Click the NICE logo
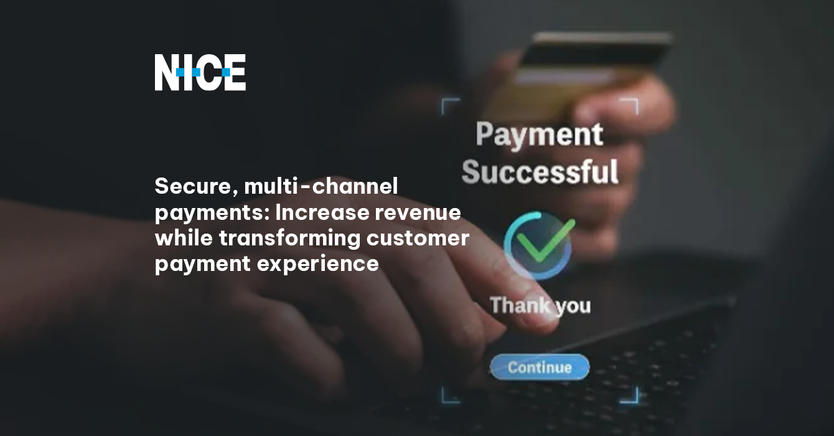[x=200, y=72]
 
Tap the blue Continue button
[x=540, y=367]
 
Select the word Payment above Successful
[x=540, y=135]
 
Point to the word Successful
[x=540, y=171]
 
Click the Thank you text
[x=540, y=305]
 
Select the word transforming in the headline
[x=289, y=239]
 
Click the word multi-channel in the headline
[x=321, y=186]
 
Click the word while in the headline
[x=184, y=237]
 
